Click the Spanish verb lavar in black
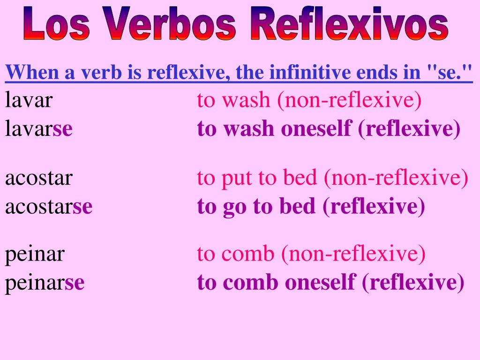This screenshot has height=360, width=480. click(29, 100)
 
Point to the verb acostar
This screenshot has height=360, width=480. click(39, 178)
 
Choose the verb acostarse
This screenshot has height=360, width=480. click(49, 207)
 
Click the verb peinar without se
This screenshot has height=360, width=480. click(35, 254)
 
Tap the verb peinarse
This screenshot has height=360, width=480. click(45, 283)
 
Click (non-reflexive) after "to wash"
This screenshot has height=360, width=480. click(349, 100)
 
